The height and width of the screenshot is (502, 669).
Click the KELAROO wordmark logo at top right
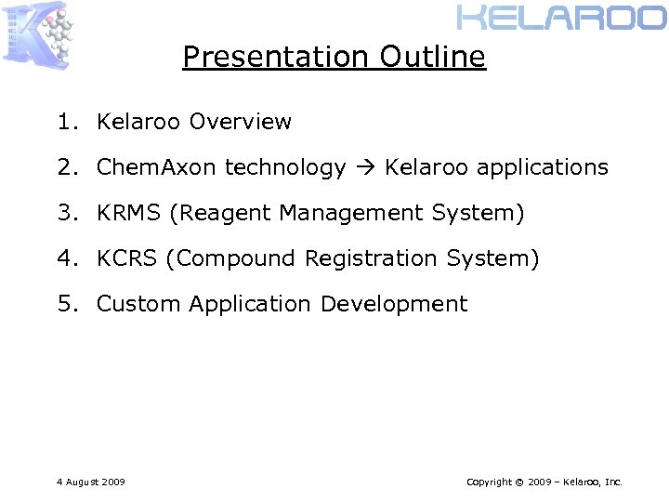point(561,17)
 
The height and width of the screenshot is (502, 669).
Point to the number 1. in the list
point(67,122)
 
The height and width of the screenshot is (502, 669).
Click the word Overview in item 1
point(240,122)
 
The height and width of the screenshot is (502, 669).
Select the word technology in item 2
point(285,167)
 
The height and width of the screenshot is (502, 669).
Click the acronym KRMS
point(130,213)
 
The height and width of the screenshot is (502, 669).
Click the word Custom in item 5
point(138,304)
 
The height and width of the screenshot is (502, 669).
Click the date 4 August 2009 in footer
point(90,482)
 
